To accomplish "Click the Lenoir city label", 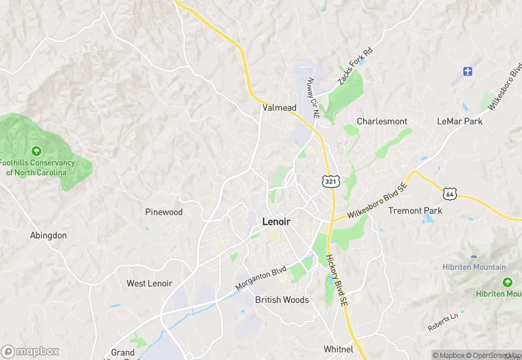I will pyautogui.click(x=276, y=222).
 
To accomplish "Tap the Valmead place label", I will pyautogui.click(x=279, y=108).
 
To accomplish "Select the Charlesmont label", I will pyautogui.click(x=382, y=122).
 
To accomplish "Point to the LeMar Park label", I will pyautogui.click(x=459, y=122).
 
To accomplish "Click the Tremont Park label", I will pyautogui.click(x=416, y=211).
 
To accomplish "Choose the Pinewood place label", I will pyautogui.click(x=164, y=212).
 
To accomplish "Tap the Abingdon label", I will pyautogui.click(x=49, y=236).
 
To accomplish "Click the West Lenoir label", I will pyautogui.click(x=149, y=284).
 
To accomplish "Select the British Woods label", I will pyautogui.click(x=282, y=300).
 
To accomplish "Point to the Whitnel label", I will pyautogui.click(x=338, y=350).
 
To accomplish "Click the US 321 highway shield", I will pyautogui.click(x=330, y=181).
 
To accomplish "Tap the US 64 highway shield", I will pyautogui.click(x=450, y=194).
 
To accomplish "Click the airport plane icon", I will pyautogui.click(x=468, y=71).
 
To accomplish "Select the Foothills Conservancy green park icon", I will pyautogui.click(x=36, y=151).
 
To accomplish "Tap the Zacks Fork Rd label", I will pyautogui.click(x=354, y=67).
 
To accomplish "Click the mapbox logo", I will pyautogui.click(x=30, y=351).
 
